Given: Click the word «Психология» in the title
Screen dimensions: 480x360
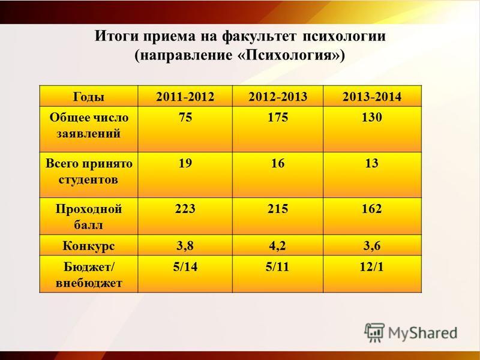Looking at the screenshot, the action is [290, 56].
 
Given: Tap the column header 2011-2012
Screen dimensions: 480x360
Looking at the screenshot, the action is [185, 97].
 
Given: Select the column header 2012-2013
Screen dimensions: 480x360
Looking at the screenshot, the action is [278, 97].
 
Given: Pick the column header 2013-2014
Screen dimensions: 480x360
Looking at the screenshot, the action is [372, 97].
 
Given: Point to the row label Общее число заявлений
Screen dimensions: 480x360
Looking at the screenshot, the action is [89, 125].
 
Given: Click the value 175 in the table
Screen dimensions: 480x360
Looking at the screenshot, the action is [278, 117].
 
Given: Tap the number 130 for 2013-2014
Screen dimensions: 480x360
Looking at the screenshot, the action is [372, 117].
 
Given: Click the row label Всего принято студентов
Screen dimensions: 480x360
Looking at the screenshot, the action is [89, 171].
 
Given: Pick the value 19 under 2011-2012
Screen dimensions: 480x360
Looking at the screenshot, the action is [185, 163].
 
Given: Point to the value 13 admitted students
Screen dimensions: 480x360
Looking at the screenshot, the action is [372, 163].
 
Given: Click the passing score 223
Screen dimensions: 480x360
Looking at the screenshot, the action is [185, 209].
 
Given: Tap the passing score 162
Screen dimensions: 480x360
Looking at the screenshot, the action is [372, 209].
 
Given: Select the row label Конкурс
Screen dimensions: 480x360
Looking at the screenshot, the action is [89, 246].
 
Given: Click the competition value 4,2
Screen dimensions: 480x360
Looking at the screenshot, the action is [278, 246].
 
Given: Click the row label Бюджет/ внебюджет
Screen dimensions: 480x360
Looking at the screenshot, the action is [89, 275].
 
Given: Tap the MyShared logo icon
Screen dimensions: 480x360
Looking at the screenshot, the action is [374, 332].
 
